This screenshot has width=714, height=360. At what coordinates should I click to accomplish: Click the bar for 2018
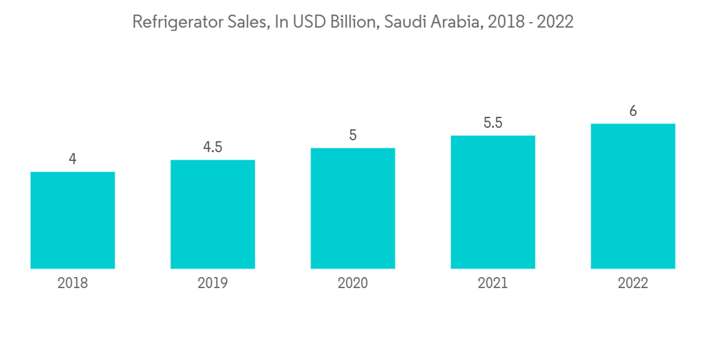(x=73, y=220)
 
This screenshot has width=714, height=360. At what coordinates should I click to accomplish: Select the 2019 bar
(x=213, y=214)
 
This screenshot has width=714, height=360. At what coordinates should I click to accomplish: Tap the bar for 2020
(x=353, y=209)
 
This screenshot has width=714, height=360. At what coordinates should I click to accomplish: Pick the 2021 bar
(x=493, y=202)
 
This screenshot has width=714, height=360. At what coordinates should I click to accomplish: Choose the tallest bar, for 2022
(x=633, y=196)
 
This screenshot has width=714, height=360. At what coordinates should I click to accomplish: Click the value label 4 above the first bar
(x=73, y=159)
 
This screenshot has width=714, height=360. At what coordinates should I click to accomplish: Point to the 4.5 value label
(x=213, y=147)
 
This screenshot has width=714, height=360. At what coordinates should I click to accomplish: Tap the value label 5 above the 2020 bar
(x=353, y=135)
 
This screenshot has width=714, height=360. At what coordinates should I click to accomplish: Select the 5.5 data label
(x=493, y=123)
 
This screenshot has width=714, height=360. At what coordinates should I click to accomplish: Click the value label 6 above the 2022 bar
(x=633, y=111)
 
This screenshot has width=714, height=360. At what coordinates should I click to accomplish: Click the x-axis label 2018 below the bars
(x=73, y=284)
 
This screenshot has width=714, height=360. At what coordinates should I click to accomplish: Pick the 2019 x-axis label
(x=213, y=284)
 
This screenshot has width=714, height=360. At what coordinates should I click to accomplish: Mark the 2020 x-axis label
(x=353, y=284)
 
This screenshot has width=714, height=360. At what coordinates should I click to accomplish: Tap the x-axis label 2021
(x=493, y=284)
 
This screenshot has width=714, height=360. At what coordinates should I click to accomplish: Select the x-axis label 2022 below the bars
(x=633, y=284)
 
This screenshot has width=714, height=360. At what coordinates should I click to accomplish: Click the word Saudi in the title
(x=404, y=22)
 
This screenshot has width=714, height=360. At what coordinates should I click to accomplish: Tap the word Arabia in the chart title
(x=454, y=22)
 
